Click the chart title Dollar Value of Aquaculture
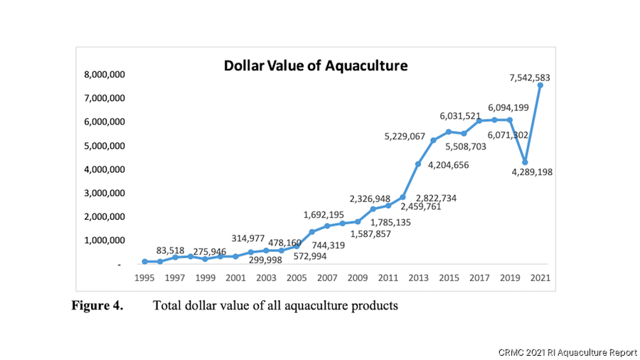point(316,66)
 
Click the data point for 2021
point(540,85)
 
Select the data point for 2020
point(525,162)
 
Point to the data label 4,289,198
point(527,172)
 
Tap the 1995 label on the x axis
point(144,277)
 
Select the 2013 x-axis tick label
point(418,277)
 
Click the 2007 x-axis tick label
point(327,277)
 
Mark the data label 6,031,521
point(460,115)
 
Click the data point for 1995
point(144,262)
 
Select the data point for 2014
point(434,140)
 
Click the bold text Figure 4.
point(97,306)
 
